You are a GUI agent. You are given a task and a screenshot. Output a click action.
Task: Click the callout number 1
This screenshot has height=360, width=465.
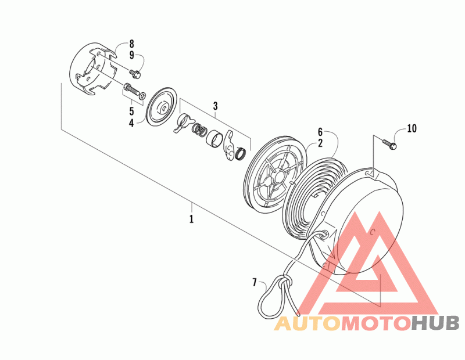[x=191, y=219]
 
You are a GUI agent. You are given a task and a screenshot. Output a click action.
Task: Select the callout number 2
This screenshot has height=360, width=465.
[x=320, y=142]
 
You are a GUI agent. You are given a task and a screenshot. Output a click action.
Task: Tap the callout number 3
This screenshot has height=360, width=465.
[x=215, y=106]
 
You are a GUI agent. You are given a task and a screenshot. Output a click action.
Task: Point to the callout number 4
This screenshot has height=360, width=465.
[x=131, y=122]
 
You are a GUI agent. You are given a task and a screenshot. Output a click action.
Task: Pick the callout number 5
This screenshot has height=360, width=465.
[x=131, y=110]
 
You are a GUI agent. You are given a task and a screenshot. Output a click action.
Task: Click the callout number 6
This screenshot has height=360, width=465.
[x=320, y=132]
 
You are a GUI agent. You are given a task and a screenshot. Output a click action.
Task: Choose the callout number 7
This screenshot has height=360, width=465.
[x=254, y=283]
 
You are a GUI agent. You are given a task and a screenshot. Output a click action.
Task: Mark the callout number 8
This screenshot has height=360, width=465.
[x=131, y=44]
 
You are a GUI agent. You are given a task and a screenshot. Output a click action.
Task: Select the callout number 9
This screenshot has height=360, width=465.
[x=131, y=55]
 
